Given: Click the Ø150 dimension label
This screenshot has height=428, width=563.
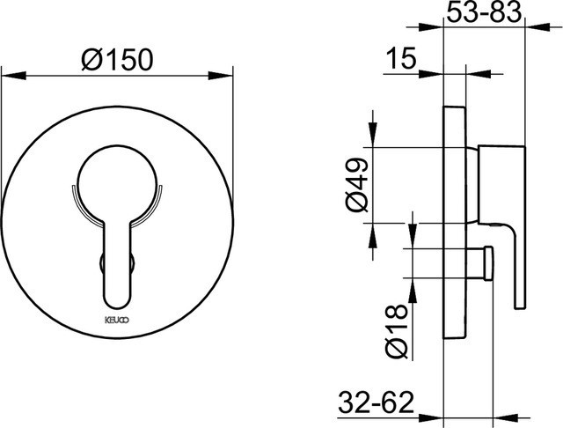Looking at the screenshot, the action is pyautogui.click(x=117, y=59).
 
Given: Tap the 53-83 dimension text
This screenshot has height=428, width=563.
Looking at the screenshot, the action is pyautogui.click(x=484, y=11).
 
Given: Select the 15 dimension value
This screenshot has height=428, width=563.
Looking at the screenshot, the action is pyautogui.click(x=401, y=57).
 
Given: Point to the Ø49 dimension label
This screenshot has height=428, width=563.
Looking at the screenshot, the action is pyautogui.click(x=357, y=184).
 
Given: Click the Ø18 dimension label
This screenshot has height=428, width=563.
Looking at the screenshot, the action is pyautogui.click(x=397, y=330).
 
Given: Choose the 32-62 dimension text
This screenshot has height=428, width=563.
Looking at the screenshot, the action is pyautogui.click(x=376, y=402).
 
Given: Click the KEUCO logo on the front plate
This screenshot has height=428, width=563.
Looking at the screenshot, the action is pyautogui.click(x=117, y=320).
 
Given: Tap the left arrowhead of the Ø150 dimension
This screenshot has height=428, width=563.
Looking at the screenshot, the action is pyautogui.click(x=14, y=76).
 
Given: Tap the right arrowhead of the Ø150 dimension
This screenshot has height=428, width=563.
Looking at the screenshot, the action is pyautogui.click(x=221, y=76).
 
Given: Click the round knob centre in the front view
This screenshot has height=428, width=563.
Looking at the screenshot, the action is pyautogui.click(x=117, y=184).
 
